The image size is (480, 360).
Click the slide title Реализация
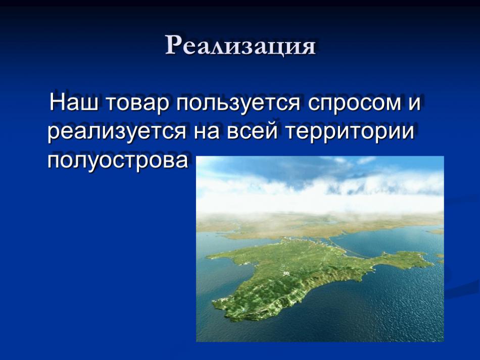pos(241,45)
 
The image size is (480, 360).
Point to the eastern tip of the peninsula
pos(432,263)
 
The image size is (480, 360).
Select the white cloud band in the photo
pos(320,196)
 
